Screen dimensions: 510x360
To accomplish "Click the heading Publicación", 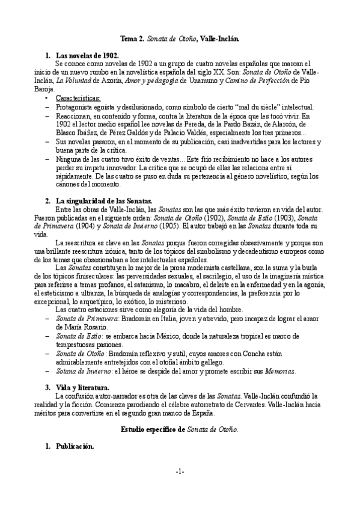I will pyautogui.click(x=75, y=446).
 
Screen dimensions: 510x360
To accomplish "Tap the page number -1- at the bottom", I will pyautogui.click(x=180, y=488).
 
